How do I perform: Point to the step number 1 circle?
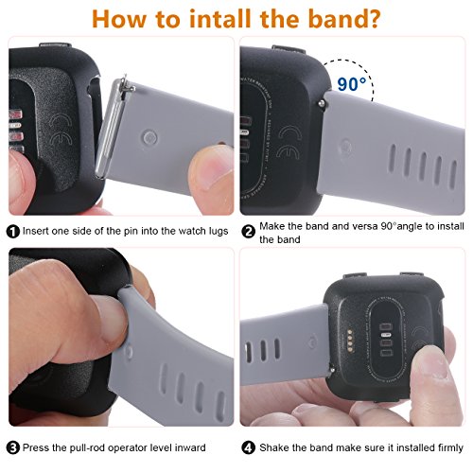point(12,230)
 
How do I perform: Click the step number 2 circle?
point(249,230)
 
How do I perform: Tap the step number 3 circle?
point(12,447)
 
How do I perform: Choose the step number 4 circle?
point(249,447)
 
